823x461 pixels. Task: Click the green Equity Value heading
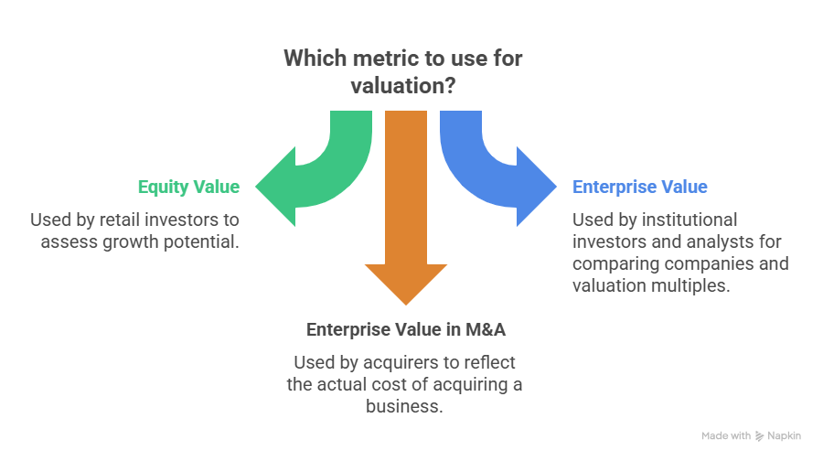[x=188, y=188]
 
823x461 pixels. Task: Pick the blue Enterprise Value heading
[x=640, y=188]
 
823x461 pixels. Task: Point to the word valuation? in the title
[x=403, y=85]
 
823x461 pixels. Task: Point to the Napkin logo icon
[x=760, y=436]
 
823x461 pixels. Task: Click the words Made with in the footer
[x=726, y=436]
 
